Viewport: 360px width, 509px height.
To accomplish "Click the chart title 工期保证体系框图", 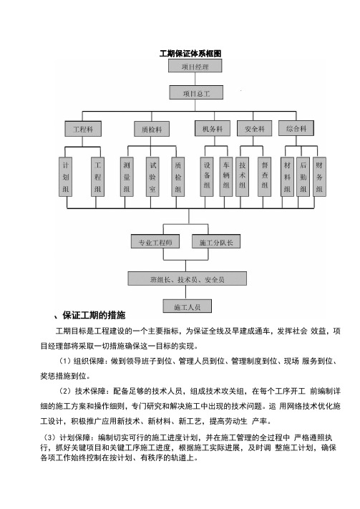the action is pyautogui.click(x=190, y=54).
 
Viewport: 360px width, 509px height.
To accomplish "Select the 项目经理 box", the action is pyautogui.click(x=195, y=66).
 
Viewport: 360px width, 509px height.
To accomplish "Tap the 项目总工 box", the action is pyautogui.click(x=196, y=93).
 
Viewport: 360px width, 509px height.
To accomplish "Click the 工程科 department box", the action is pyautogui.click(x=83, y=129).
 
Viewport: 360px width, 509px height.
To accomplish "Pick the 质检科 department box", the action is pyautogui.click(x=152, y=129).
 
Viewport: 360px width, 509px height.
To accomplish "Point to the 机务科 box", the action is pyautogui.click(x=213, y=128).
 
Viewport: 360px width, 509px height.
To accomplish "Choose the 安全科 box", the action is pyautogui.click(x=255, y=128).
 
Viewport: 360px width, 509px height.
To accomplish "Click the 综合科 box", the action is pyautogui.click(x=296, y=128).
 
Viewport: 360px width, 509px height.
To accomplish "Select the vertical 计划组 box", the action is pyautogui.click(x=66, y=177).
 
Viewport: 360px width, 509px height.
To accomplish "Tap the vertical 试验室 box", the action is pyautogui.click(x=152, y=177).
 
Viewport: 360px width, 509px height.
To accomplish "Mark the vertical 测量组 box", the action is pyautogui.click(x=127, y=177).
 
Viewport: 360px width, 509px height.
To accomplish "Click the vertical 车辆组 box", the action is pyautogui.click(x=226, y=177).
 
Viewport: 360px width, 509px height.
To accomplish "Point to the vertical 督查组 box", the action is pyautogui.click(x=265, y=177).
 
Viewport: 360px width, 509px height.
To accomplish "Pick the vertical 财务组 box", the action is pyautogui.click(x=319, y=177).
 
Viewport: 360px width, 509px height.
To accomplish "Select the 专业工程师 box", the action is pyautogui.click(x=155, y=242).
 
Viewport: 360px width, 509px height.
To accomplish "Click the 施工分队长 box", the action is pyautogui.click(x=216, y=242).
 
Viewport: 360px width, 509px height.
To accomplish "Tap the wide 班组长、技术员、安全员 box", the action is pyautogui.click(x=187, y=279).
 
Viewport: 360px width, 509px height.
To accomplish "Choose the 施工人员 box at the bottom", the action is pyautogui.click(x=187, y=306).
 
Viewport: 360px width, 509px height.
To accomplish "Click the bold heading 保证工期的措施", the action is pyautogui.click(x=94, y=315).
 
